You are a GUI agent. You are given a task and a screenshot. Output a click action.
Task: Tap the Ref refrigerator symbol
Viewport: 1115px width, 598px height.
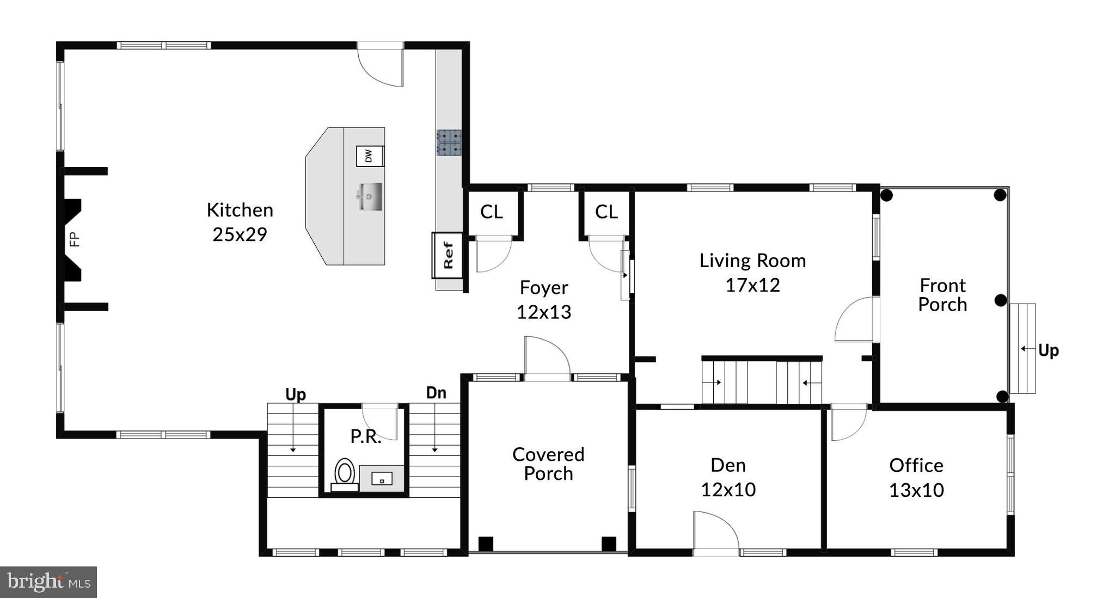coord(448,255)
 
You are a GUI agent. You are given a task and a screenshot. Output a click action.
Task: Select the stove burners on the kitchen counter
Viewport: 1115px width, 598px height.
coord(449,143)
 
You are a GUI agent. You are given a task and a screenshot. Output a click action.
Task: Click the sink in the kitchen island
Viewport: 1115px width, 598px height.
coord(370,196)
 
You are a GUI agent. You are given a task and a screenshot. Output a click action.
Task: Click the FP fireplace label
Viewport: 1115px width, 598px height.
coord(75,239)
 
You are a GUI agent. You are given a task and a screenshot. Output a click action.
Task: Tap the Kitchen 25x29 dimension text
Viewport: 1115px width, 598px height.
coord(240,235)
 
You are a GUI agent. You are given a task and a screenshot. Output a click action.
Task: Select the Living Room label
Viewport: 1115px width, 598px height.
coord(752,261)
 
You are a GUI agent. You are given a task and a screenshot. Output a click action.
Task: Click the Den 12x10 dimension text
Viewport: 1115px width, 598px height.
coord(728,490)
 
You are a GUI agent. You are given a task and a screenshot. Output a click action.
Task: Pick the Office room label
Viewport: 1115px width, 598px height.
coord(916,465)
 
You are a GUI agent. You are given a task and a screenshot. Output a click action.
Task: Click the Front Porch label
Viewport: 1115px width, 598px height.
coord(942,294)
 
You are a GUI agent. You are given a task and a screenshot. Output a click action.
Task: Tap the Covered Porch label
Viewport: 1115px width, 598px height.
coord(548,464)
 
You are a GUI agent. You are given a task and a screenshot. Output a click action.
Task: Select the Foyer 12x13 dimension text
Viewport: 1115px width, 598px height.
coord(543,312)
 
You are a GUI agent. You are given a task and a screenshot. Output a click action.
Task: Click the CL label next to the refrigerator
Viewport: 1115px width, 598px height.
coord(491,212)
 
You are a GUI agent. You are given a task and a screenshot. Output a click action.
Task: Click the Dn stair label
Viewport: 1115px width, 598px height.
coord(436,392)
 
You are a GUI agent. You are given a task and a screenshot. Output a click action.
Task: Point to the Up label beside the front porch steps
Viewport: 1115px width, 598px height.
coord(1048,350)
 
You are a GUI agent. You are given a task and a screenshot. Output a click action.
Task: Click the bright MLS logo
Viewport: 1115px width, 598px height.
coord(48,582)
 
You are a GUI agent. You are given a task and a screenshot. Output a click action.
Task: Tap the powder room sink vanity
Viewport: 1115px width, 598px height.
coord(382,478)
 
